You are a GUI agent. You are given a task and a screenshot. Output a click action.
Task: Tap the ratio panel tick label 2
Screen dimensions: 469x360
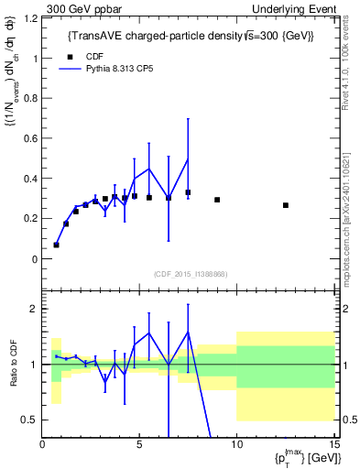[33, 309]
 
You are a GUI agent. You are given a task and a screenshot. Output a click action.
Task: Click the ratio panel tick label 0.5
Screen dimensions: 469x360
[28, 420]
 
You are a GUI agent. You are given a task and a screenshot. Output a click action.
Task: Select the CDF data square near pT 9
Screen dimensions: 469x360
[217, 200]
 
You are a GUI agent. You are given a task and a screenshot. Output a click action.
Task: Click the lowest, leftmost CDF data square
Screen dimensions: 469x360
[56, 245]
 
